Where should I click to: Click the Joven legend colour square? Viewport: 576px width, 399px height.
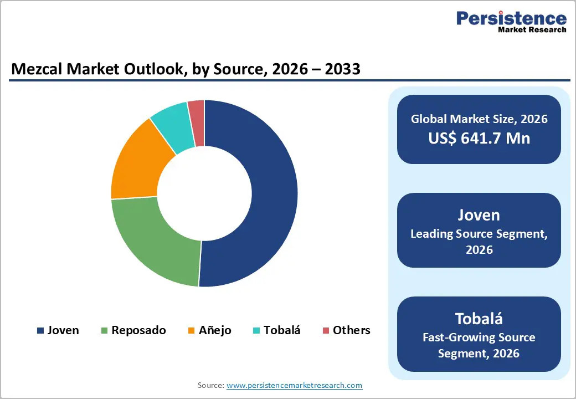point(40,331)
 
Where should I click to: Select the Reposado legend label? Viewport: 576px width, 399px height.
point(138,330)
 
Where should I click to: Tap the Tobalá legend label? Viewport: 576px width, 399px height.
point(282,330)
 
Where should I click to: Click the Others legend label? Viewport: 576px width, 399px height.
point(351,330)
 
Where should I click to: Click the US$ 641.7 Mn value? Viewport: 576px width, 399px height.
point(479,138)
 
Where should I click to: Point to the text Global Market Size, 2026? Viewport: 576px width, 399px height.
point(479,119)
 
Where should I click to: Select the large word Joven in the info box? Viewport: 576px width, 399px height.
point(479,215)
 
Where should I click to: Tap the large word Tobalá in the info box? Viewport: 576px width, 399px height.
point(479,319)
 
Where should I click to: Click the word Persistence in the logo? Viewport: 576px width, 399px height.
point(511,18)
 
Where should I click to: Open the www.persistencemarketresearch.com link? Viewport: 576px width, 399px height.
point(294,385)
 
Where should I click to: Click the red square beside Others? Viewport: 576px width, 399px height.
point(326,331)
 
